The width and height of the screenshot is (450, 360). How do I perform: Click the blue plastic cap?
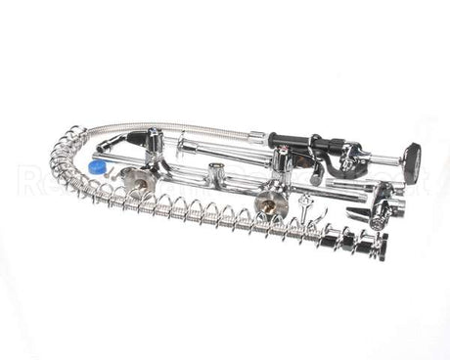tap(96, 167)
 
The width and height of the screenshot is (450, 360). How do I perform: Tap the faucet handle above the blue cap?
tap(154, 146)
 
